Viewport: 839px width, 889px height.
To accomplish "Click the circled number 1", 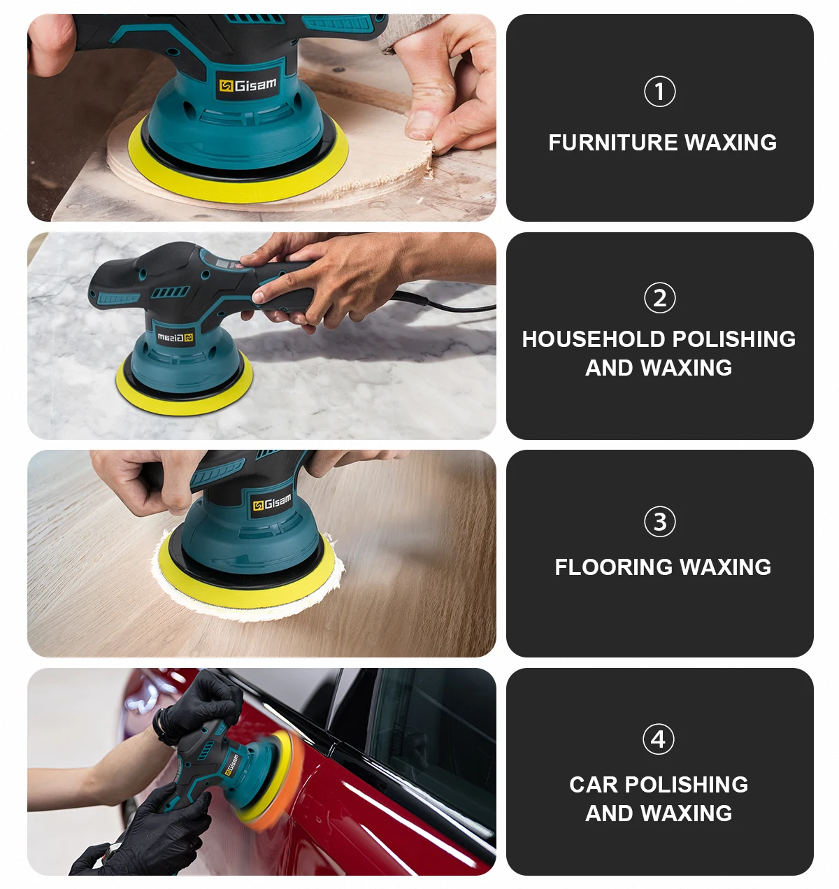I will point(659,92).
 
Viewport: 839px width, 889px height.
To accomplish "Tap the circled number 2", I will point(659,298).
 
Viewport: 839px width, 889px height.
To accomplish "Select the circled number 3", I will point(659,522).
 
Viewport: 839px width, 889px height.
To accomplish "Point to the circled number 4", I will point(658,739).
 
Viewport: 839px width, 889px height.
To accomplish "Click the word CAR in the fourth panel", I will point(593,785).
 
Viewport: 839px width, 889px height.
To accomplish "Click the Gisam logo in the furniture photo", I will point(248,85).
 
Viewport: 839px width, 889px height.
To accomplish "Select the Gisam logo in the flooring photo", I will point(272,502).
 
